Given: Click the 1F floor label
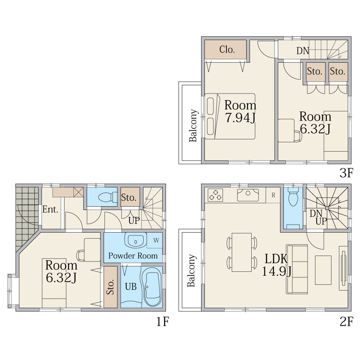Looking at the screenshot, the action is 163,321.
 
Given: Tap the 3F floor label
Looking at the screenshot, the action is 346,173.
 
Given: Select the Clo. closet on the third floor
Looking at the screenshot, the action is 225,49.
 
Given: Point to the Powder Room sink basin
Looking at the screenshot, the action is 135,240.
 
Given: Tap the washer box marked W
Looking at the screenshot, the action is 154,240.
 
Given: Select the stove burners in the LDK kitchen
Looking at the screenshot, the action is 215,195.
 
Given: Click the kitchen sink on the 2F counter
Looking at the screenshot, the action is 248,195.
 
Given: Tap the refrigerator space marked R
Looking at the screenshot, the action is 273,195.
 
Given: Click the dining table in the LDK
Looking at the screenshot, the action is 242,252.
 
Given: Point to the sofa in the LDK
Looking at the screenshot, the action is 297,269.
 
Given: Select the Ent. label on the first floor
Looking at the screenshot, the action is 50,210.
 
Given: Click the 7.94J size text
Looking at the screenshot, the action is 240,118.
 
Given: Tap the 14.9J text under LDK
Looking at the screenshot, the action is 276,271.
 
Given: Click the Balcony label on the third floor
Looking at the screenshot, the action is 193,126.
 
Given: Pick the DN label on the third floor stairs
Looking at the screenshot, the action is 303,51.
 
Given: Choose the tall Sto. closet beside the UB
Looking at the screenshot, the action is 111,287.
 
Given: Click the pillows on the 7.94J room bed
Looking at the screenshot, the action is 211,116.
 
